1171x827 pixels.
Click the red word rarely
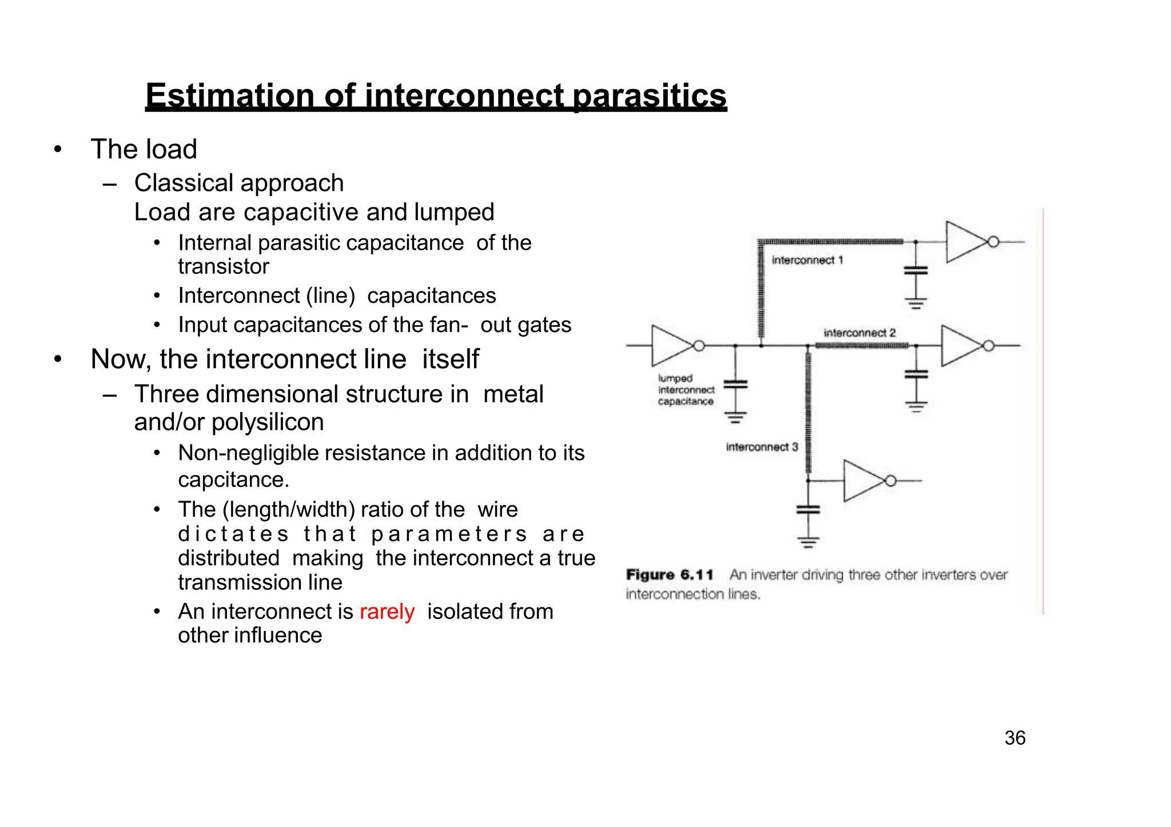387,612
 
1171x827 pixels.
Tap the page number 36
1014,738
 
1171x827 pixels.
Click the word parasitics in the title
649,95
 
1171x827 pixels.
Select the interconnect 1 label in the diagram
807,261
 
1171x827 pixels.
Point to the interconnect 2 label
859,333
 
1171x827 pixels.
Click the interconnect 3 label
761,447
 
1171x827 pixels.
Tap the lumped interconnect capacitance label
686,390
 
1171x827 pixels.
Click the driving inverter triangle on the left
670,346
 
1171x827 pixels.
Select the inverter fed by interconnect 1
965,242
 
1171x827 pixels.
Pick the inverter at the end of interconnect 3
863,481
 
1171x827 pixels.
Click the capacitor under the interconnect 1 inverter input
915,270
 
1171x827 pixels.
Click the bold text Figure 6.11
669,574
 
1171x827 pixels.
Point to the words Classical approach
238,183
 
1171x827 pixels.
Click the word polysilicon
267,422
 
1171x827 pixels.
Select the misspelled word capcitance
233,480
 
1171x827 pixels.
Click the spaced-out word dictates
233,534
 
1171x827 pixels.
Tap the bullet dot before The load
57,150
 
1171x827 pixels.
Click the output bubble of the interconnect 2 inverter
989,346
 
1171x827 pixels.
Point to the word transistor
223,266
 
